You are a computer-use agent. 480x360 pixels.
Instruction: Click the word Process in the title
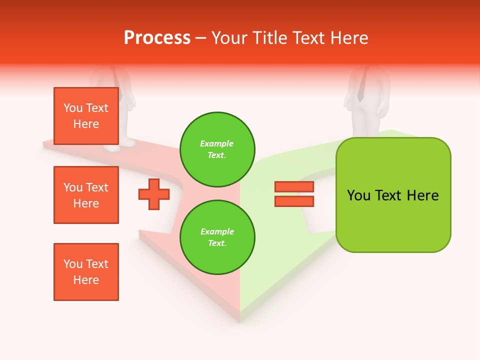[x=157, y=38]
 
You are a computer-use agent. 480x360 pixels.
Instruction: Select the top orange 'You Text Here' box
[x=86, y=116]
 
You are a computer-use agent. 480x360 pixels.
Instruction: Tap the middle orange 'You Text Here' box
[x=86, y=195]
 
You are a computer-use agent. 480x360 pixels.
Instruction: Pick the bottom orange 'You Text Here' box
[x=86, y=272]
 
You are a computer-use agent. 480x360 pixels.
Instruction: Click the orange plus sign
[x=154, y=194]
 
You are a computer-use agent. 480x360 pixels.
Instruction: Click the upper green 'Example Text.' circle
[x=217, y=149]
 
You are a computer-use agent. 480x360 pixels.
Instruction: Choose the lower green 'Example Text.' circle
[x=217, y=237]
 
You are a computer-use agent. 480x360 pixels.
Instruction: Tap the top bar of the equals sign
[x=294, y=187]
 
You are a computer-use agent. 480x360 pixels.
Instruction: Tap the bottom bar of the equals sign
[x=294, y=201]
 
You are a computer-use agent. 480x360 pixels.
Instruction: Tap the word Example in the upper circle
[x=217, y=143]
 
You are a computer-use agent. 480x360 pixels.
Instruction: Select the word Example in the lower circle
[x=217, y=231]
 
